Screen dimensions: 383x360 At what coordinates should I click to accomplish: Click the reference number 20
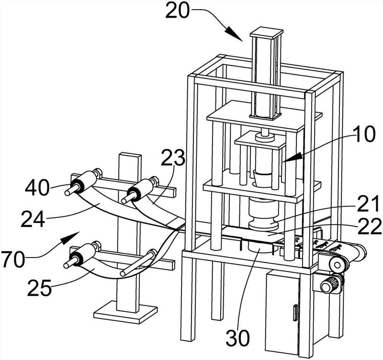click(x=178, y=11)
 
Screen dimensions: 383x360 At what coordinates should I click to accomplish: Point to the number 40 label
click(x=37, y=188)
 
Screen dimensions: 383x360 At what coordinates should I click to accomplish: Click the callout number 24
click(x=33, y=219)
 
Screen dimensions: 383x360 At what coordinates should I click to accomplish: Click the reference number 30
click(x=237, y=338)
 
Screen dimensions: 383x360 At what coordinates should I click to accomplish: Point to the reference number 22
click(x=370, y=225)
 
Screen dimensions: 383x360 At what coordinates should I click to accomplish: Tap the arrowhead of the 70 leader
click(x=69, y=237)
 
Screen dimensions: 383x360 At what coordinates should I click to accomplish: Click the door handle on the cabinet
click(x=295, y=313)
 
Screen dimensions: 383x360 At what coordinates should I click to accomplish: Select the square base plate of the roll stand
click(x=125, y=312)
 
